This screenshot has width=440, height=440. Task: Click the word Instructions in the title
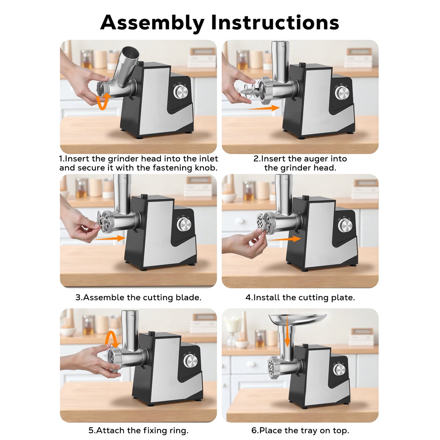click(275, 22)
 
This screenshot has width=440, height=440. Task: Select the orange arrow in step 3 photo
click(110, 238)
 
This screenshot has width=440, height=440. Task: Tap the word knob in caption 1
click(205, 168)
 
